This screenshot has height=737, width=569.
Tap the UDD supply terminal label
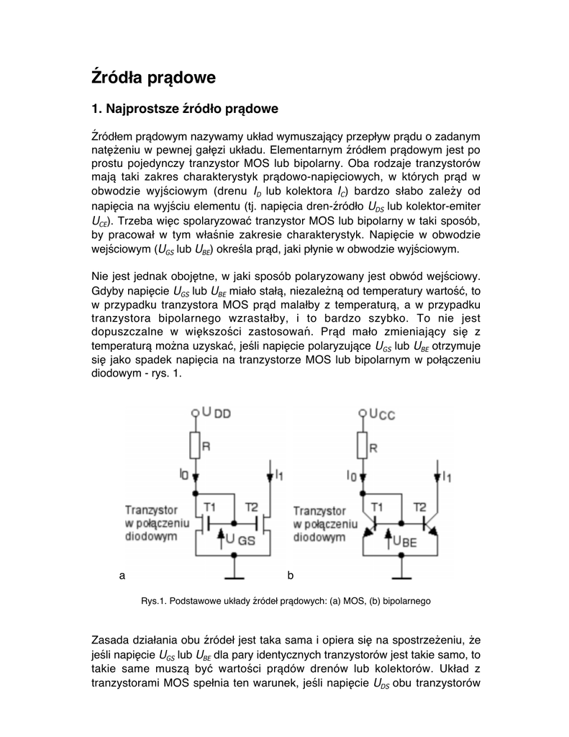[x=216, y=413]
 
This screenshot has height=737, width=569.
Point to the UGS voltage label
[x=240, y=540]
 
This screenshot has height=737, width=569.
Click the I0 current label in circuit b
[x=351, y=476]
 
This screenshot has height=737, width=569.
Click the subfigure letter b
[x=290, y=576]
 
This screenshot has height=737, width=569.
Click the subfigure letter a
[x=122, y=576]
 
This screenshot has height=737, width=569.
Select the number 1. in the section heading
[x=96, y=109]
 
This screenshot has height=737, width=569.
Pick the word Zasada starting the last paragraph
[x=112, y=640]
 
